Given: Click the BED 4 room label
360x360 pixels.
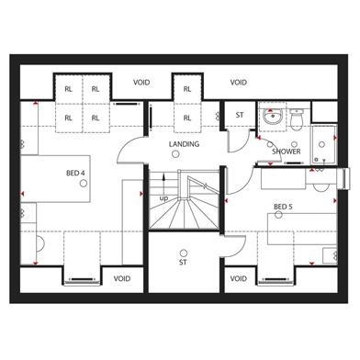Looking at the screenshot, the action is coord(75,173).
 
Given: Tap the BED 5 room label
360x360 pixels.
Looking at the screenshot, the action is coord(283,207).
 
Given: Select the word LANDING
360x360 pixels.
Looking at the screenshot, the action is coord(184,144).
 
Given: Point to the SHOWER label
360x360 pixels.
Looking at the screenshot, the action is coord(287,152).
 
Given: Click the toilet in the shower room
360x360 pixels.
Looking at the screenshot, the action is coord(297,119).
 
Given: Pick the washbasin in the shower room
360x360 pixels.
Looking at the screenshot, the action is coord(272,117).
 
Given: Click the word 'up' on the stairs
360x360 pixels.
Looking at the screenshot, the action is coord(163,198).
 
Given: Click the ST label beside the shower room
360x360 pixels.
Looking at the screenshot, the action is coord(240,115).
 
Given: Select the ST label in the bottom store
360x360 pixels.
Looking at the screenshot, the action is coord(183,263).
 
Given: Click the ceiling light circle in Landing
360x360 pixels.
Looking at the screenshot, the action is coord(175,154).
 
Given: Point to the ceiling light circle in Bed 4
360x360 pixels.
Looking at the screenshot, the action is coord(84,184).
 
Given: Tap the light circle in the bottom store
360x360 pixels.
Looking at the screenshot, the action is coord(184,253).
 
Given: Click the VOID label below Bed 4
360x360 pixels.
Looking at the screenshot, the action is coord(122,278).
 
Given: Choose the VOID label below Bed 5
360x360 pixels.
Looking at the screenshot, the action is coord(238,278).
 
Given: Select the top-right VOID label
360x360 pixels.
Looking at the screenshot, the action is coord(239,83).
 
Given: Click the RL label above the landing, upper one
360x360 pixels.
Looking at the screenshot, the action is coord(187,89).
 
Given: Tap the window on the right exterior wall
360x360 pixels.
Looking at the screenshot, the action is coord(345,179).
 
